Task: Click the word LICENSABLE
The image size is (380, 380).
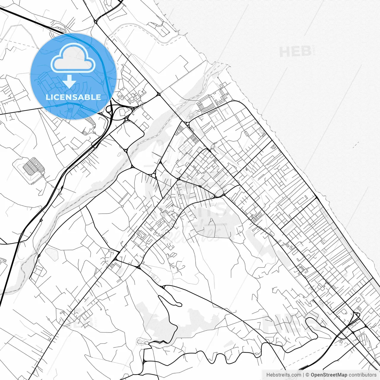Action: click(73, 97)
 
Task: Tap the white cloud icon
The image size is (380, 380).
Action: click(73, 58)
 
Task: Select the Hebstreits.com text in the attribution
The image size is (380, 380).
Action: click(284, 375)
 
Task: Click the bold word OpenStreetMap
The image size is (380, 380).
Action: click(329, 375)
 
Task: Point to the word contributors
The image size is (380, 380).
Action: click(362, 375)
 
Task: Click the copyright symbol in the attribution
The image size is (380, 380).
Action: click(308, 375)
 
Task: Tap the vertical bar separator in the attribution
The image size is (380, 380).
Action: click(303, 375)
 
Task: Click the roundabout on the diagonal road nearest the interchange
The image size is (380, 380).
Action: click(159, 94)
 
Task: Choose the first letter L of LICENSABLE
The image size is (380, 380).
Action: click(48, 97)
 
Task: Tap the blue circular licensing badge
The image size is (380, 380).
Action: click(73, 76)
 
